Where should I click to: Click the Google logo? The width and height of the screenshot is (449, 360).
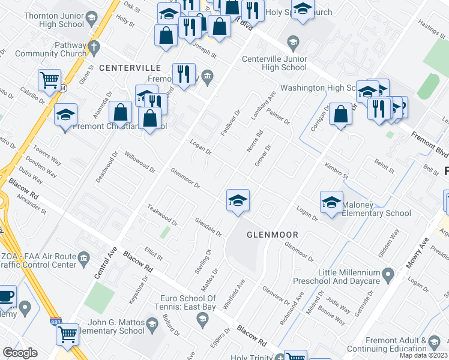pyautogui.click(x=20, y=352)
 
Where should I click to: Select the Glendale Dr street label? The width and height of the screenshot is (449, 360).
pyautogui.click(x=208, y=227)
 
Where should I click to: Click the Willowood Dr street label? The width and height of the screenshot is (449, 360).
pyautogui.click(x=140, y=162)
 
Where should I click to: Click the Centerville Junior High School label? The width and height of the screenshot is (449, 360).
pyautogui.click(x=274, y=63)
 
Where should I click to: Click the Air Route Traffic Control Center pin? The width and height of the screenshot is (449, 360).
pyautogui.click(x=83, y=258)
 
